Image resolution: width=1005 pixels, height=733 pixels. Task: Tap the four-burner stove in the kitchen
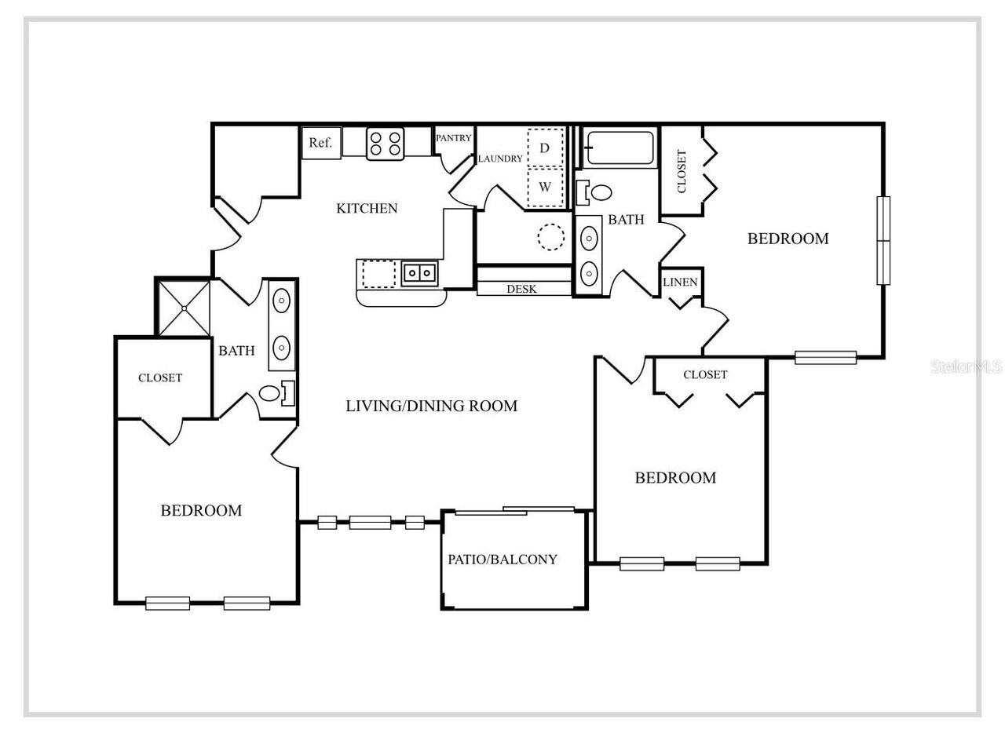tap(385, 144)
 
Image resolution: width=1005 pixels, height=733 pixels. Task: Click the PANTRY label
tap(454, 138)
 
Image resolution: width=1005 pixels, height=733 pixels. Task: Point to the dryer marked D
tap(545, 148)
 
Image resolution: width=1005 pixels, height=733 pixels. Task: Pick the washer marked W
tap(545, 188)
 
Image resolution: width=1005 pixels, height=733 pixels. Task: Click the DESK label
tap(521, 289)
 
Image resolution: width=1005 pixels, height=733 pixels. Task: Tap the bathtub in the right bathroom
tap(620, 148)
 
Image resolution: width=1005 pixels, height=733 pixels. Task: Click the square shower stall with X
tap(184, 308)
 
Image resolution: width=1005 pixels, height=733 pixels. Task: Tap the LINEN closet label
tap(680, 282)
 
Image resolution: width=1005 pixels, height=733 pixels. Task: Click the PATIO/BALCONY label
tap(502, 560)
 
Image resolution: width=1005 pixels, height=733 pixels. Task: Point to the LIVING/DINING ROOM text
tap(431, 406)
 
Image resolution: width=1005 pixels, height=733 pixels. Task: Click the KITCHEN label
tap(367, 208)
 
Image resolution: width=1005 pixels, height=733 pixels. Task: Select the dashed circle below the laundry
tap(550, 236)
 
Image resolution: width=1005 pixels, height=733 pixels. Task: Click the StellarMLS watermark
tap(966, 366)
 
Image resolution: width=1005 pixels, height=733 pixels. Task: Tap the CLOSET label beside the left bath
tap(160, 377)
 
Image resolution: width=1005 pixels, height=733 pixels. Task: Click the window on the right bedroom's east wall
tap(883, 240)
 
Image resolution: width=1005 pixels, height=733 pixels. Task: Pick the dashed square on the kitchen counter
tap(378, 274)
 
